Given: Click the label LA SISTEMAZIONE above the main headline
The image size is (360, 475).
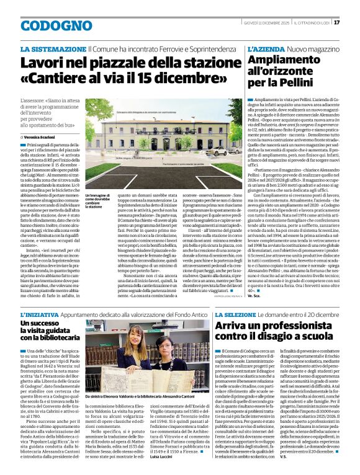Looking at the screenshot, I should (x=53, y=48).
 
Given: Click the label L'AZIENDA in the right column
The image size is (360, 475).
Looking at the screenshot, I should (x=266, y=48).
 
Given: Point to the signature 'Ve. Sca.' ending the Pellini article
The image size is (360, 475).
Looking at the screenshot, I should (x=254, y=296).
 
